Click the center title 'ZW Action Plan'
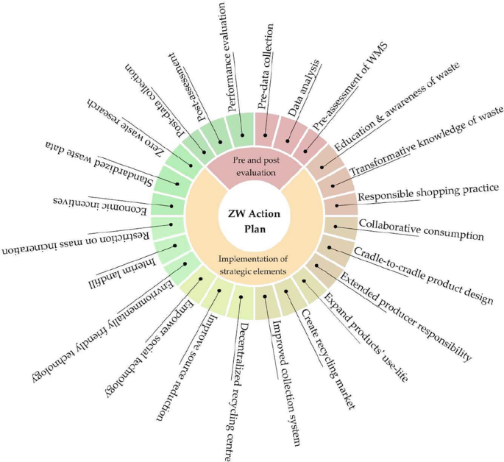(251, 220)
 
